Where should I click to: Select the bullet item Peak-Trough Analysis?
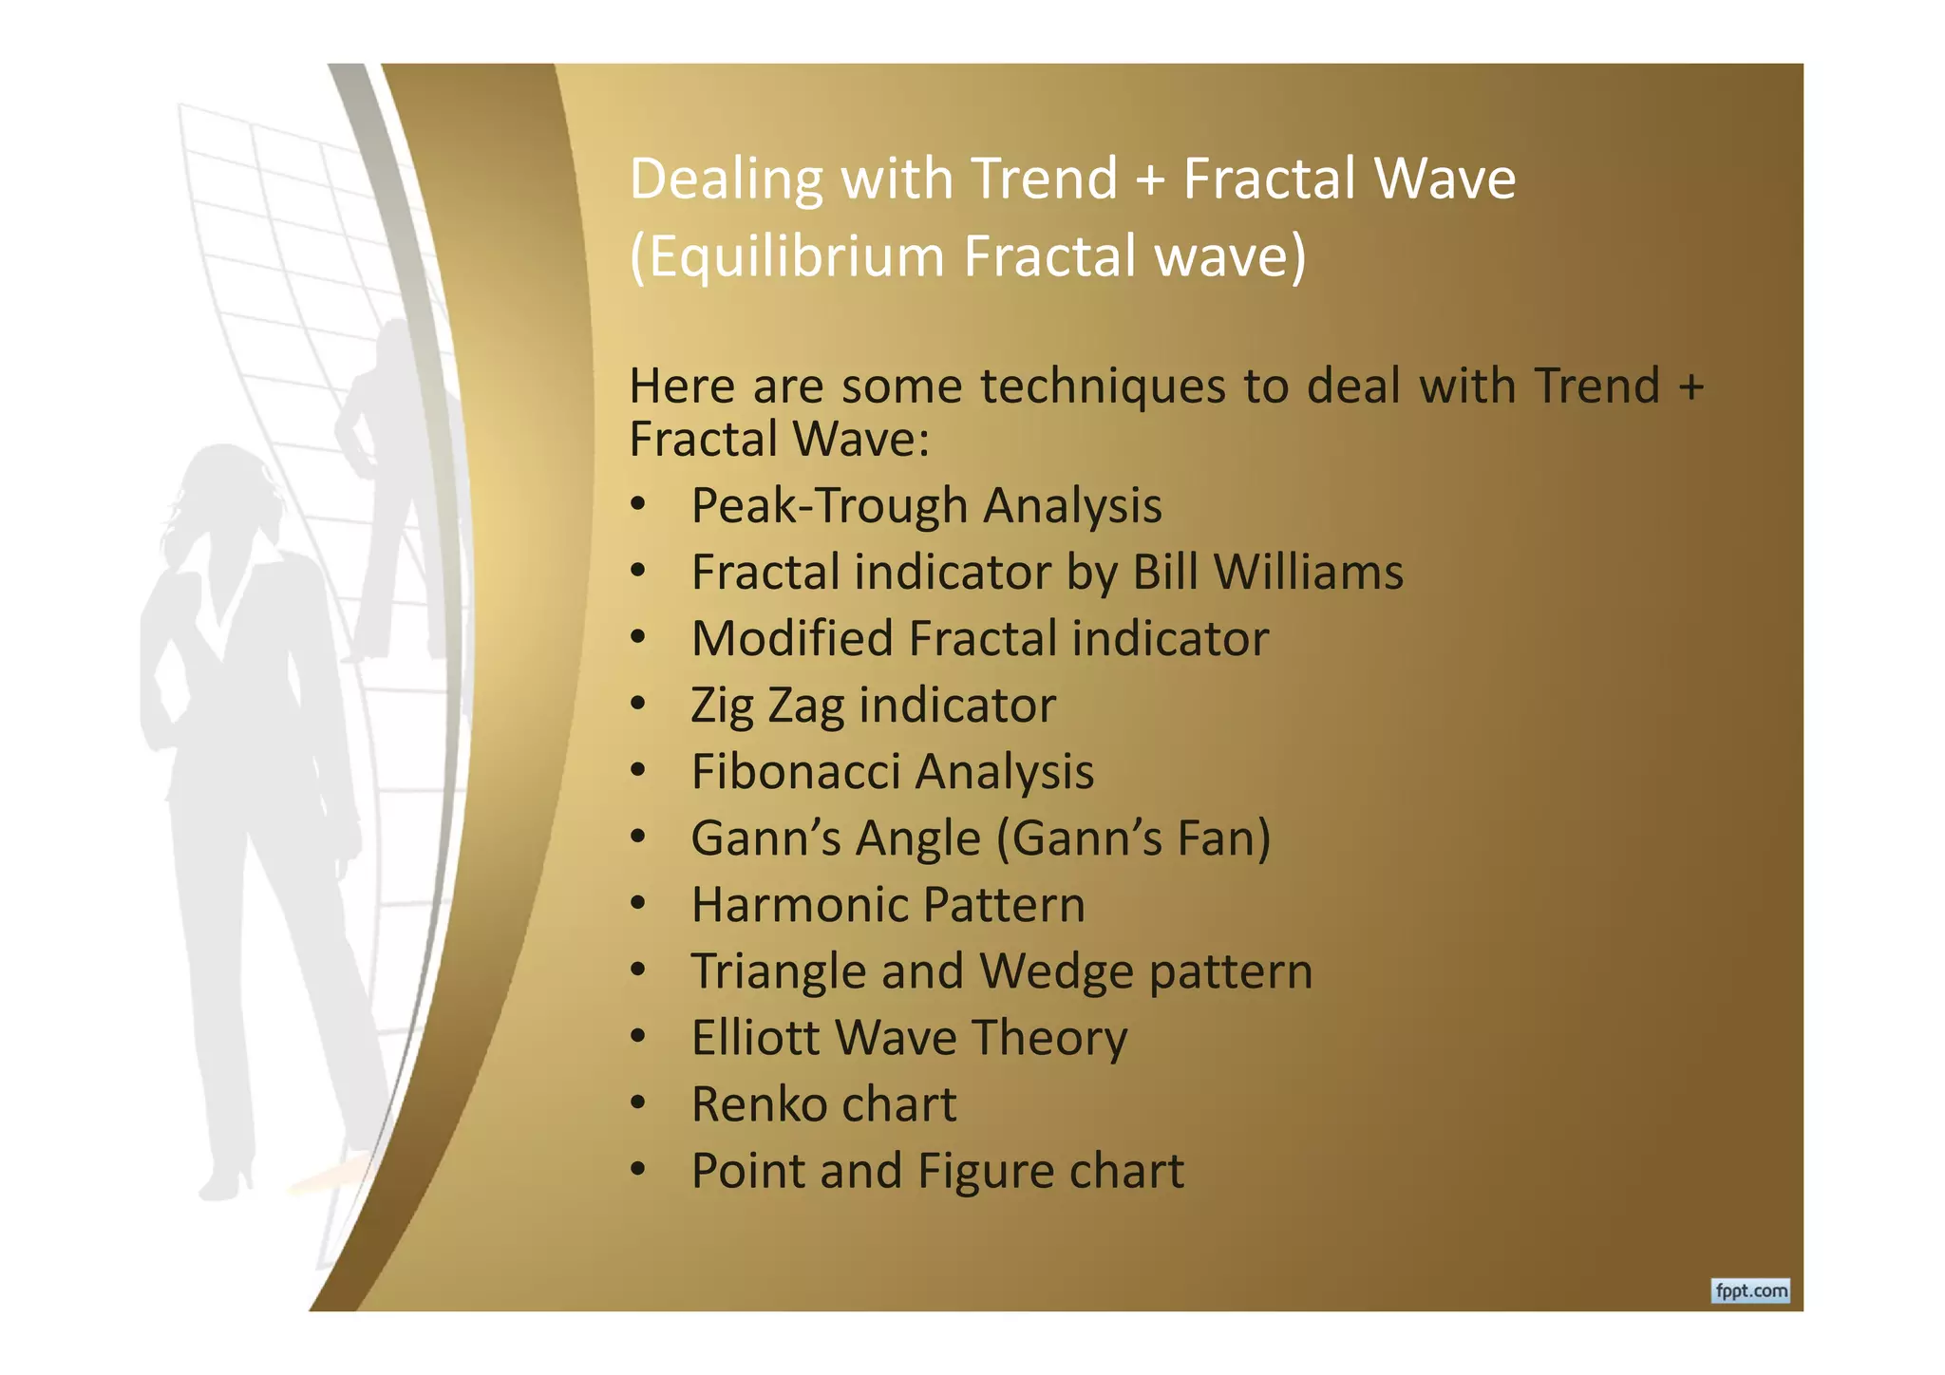[x=926, y=505]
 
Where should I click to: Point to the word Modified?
[x=792, y=638]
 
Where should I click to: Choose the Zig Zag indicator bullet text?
[x=873, y=706]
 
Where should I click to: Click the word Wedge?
[x=1055, y=971]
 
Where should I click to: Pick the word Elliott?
[x=755, y=1037]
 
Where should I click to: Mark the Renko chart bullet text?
[x=823, y=1104]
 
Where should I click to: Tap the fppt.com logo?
[x=1750, y=1290]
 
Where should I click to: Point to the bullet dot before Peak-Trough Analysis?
[x=638, y=504]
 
